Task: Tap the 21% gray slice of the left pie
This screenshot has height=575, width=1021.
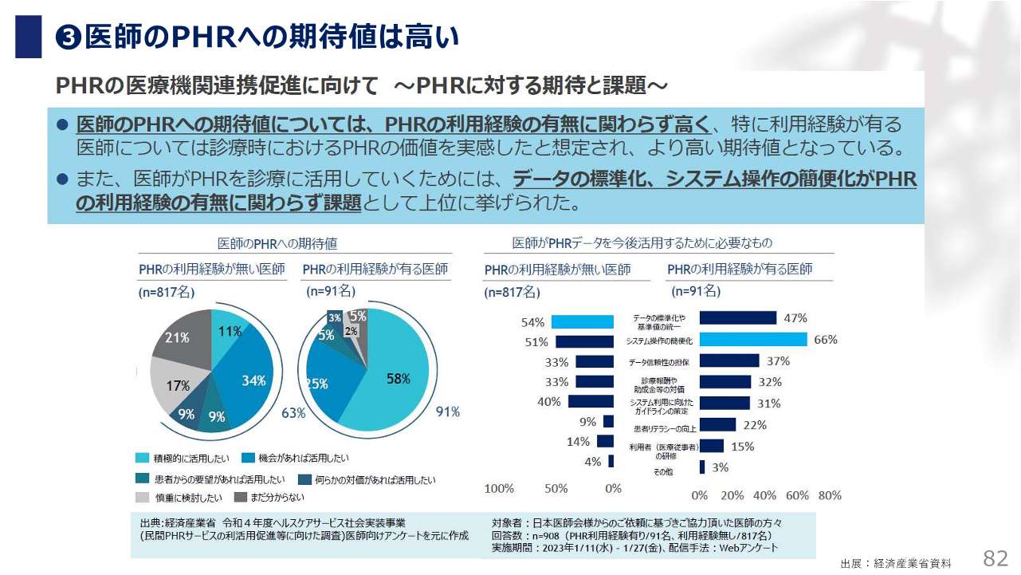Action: (179, 339)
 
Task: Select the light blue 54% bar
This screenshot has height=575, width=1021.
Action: (583, 322)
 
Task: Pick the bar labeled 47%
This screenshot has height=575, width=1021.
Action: (738, 318)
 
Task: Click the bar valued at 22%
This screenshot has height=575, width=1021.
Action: (717, 425)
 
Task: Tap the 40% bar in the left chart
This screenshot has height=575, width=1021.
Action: (591, 401)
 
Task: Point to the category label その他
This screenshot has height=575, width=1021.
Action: (664, 472)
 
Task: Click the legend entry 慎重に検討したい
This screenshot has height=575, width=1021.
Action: (180, 498)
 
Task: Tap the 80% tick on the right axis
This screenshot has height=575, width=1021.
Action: (830, 495)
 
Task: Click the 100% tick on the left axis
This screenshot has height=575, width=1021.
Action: (499, 488)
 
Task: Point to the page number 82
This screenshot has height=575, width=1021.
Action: (996, 557)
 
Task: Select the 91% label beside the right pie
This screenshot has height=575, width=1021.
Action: (447, 412)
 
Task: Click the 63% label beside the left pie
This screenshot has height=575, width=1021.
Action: (293, 412)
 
